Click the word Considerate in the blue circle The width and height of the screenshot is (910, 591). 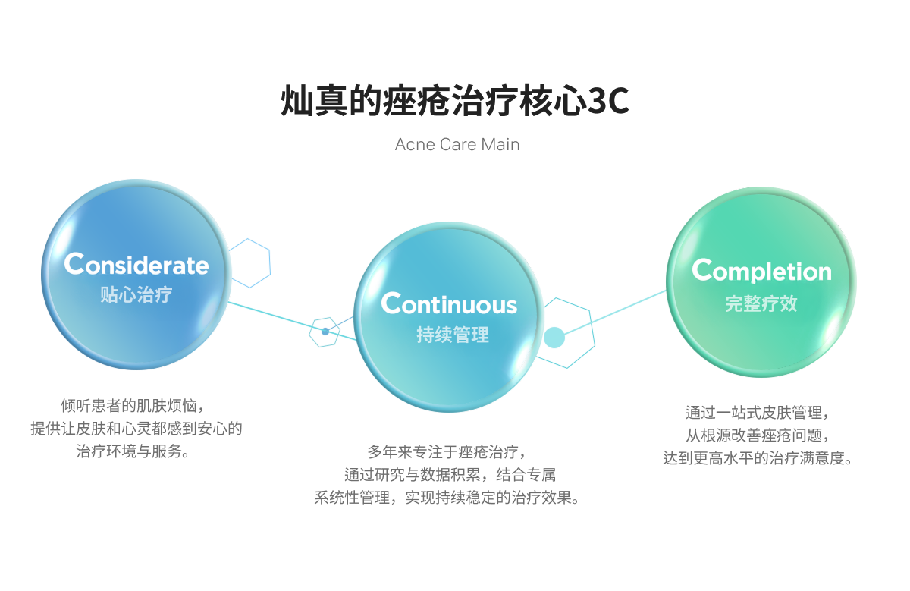(x=136, y=264)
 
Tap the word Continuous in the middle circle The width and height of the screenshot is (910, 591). (x=449, y=303)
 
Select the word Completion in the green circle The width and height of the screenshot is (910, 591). (x=761, y=271)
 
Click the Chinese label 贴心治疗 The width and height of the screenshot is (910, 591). (x=136, y=294)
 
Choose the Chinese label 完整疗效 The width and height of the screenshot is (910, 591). (x=761, y=303)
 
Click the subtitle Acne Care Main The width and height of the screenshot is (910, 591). (x=457, y=144)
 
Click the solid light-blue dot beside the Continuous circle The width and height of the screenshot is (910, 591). (x=554, y=337)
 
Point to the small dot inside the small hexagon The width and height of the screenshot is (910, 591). (x=325, y=332)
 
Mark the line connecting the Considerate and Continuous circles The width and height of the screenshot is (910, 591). (x=273, y=316)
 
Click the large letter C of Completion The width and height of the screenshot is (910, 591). (x=703, y=270)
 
